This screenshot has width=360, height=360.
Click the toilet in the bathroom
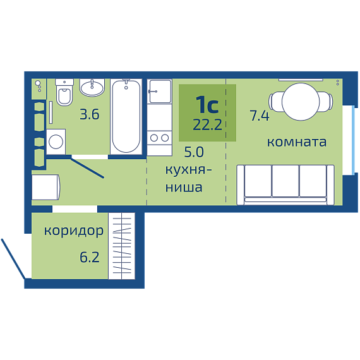click(x=64, y=92)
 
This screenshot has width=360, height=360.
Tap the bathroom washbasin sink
click(x=92, y=88)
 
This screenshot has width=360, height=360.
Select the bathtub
click(x=126, y=117)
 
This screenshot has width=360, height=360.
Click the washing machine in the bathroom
click(x=56, y=141)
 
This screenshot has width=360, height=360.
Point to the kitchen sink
click(x=160, y=92)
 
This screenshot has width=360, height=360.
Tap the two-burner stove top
click(x=160, y=138)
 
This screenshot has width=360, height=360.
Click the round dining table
click(x=301, y=102)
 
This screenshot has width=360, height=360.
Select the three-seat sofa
click(x=285, y=184)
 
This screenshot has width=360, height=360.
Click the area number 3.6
click(x=90, y=114)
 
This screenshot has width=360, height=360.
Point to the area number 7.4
click(x=260, y=116)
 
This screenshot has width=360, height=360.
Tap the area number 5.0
click(x=194, y=152)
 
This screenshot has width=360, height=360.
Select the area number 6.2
click(x=90, y=257)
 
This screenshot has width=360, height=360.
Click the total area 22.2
click(x=208, y=125)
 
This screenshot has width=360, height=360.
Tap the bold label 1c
click(x=207, y=105)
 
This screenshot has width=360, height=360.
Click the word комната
click(x=297, y=142)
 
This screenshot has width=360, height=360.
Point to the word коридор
click(x=74, y=231)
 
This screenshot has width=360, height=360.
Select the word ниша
click(x=184, y=188)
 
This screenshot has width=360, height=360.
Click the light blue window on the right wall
click(x=354, y=140)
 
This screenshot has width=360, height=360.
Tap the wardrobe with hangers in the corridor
click(x=122, y=246)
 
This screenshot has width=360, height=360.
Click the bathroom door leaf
click(x=87, y=167)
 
